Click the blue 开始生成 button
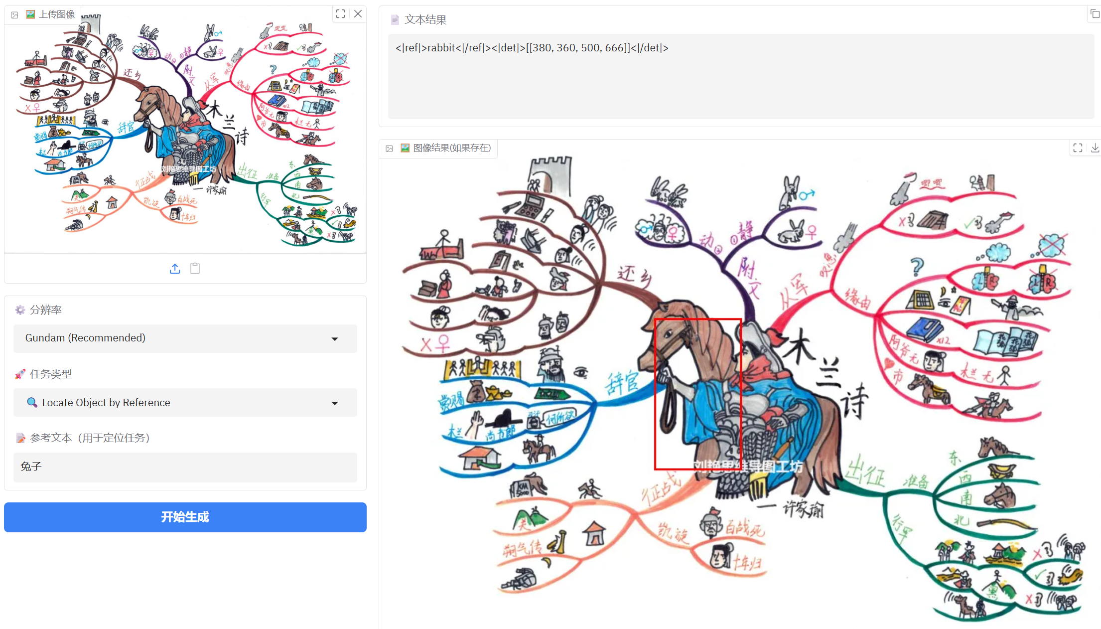coord(185,517)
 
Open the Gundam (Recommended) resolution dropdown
coord(185,338)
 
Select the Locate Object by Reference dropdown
coord(185,402)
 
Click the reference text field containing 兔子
coord(185,467)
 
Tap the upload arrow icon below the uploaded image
coord(175,269)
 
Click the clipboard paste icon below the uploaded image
coord(195,269)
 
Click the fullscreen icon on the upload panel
coord(341,14)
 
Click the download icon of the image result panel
coord(1095,148)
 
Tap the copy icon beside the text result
coord(1095,14)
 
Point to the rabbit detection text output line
coord(532,48)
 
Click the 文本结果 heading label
coord(425,19)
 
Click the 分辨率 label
coord(45,310)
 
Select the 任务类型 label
coord(51,374)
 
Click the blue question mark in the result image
coord(917,266)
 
